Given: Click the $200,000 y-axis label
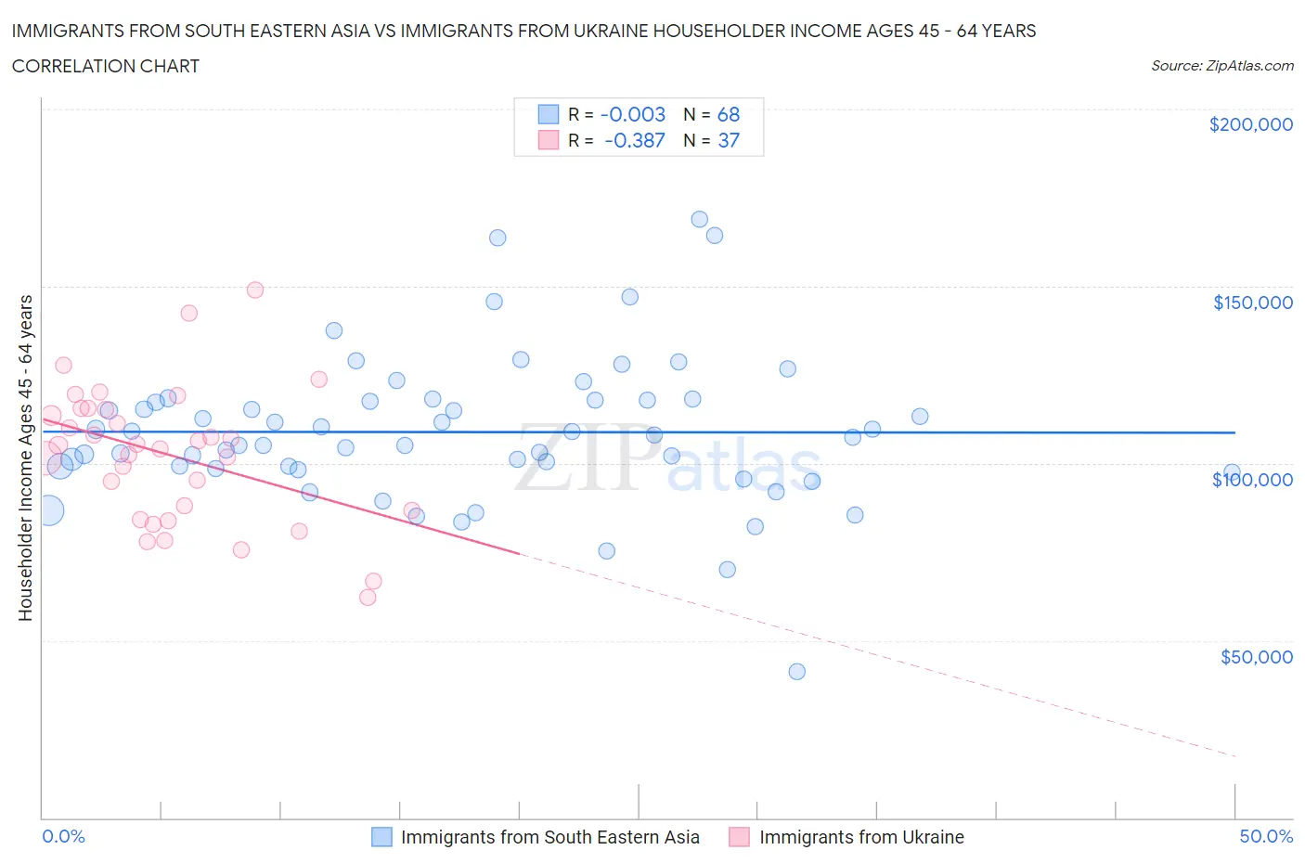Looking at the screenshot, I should (1250, 125).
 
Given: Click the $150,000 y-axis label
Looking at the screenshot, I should (1252, 303).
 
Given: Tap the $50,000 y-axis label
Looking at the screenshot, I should (1256, 657).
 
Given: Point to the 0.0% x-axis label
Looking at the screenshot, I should (63, 836).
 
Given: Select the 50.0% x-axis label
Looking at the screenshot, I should (1266, 836).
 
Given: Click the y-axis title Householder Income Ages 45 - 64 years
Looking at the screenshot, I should (26, 457).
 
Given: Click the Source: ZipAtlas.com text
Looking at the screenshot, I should (1221, 66).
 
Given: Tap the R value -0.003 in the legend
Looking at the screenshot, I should (633, 114).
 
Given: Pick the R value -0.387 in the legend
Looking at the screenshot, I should (634, 140).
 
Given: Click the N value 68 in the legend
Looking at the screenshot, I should (729, 114).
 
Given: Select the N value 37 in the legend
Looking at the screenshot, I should (729, 140).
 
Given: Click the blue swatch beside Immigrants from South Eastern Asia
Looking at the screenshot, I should (381, 837).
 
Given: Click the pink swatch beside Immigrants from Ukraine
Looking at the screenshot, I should (739, 837).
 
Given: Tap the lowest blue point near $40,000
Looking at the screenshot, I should (796, 672).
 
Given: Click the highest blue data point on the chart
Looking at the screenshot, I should (699, 220).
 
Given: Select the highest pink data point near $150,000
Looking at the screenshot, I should (255, 290).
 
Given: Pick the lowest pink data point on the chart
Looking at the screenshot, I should (368, 598).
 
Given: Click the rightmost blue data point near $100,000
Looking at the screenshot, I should (1232, 472).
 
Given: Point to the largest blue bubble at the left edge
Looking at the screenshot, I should (48, 510).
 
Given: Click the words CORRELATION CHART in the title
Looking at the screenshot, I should (106, 66).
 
